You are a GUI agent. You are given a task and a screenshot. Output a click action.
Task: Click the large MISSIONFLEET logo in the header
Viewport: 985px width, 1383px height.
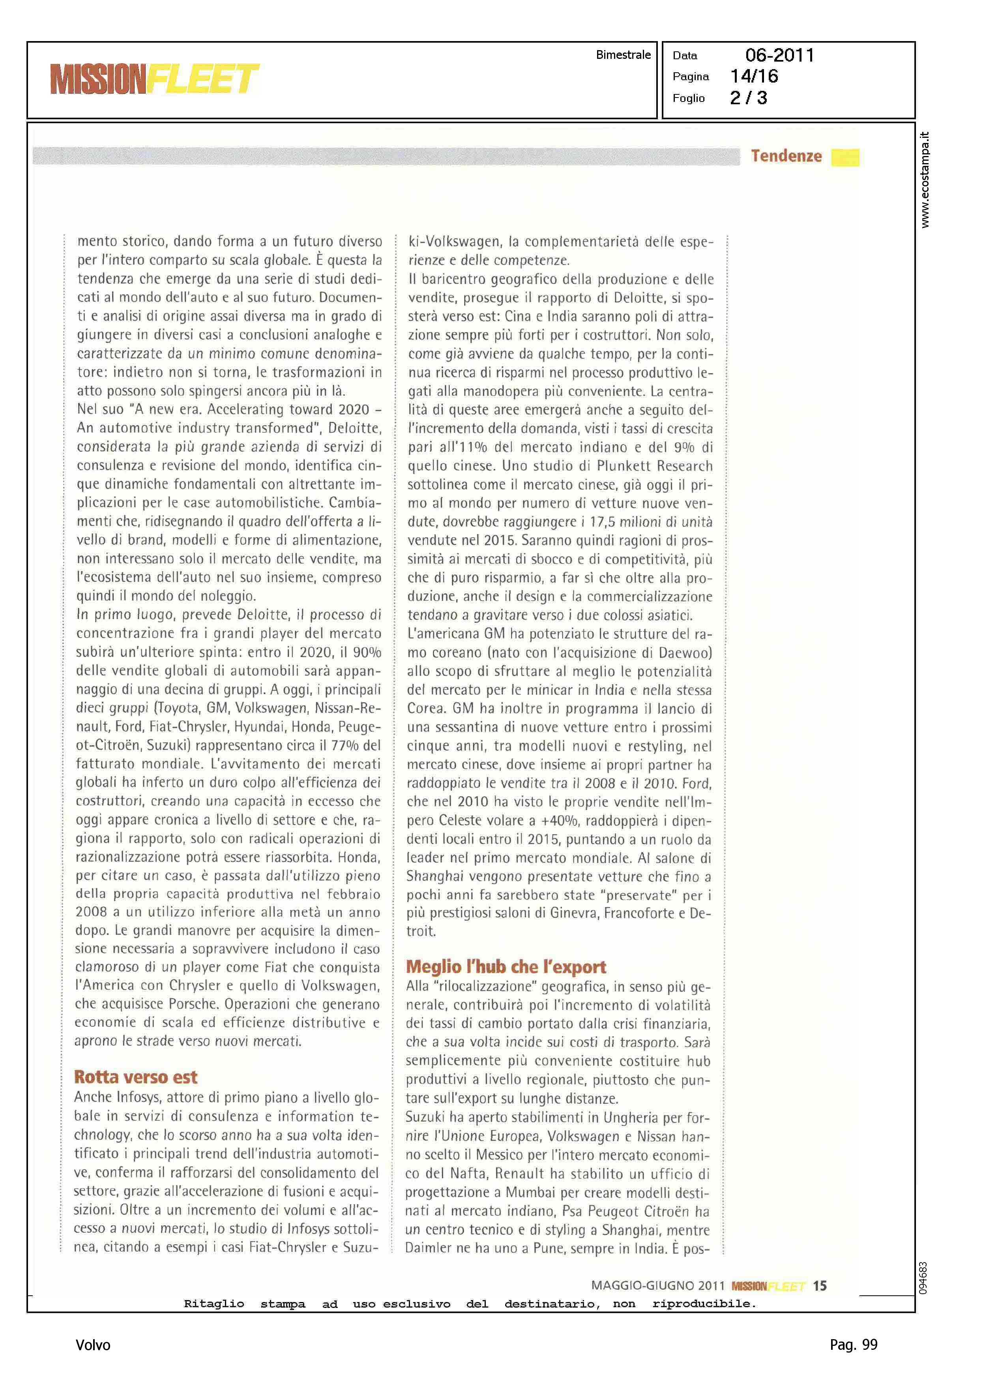tap(155, 79)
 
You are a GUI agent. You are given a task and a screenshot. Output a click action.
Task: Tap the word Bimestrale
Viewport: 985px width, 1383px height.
tap(623, 54)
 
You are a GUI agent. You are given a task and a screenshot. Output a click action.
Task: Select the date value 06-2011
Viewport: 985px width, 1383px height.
tap(779, 55)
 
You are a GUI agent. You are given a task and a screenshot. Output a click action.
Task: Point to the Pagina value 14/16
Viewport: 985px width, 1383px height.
tap(754, 77)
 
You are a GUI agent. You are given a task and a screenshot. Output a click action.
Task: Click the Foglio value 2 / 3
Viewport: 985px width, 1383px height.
tap(749, 98)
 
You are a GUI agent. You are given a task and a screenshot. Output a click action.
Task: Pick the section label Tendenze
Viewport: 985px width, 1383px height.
tap(786, 156)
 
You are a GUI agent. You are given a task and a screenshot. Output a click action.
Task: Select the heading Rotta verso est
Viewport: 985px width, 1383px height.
tap(136, 1077)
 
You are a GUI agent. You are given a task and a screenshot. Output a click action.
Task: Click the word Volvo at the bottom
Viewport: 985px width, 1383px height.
tap(93, 1345)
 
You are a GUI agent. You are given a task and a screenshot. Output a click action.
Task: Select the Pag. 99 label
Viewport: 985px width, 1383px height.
tap(853, 1344)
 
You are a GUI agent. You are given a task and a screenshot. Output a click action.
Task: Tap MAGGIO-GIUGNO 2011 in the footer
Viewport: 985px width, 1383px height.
tap(658, 1285)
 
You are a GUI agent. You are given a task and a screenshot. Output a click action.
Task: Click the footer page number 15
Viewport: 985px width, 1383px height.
tap(819, 1285)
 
